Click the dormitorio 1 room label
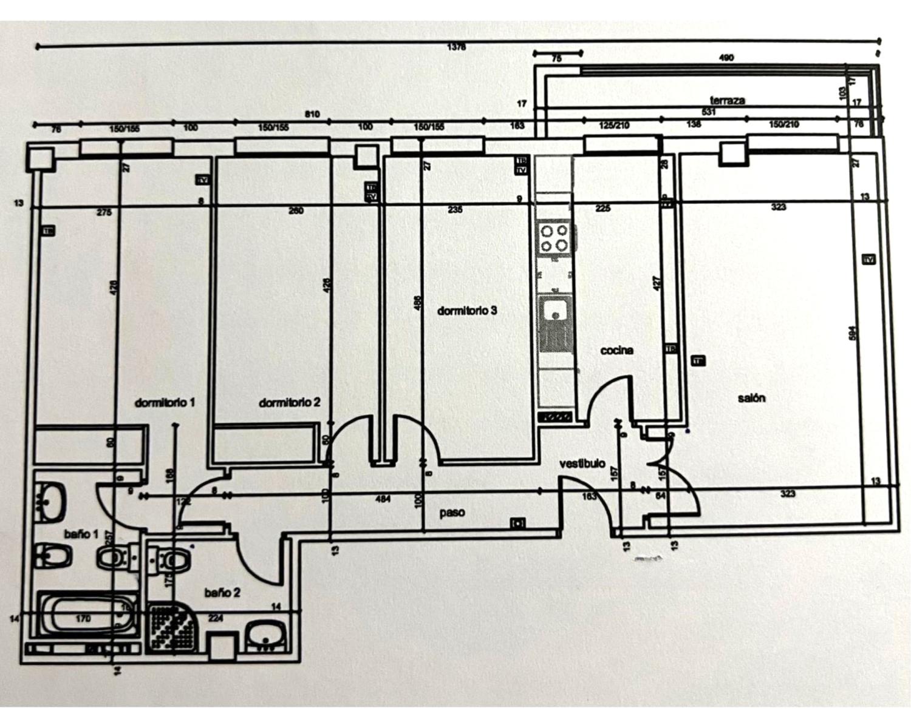click(165, 402)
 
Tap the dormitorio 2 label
click(289, 402)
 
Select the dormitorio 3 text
click(467, 311)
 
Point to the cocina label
click(616, 350)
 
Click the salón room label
click(751, 398)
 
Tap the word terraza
click(727, 100)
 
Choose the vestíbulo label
click(582, 464)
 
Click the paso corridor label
click(452, 513)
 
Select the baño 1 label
click(81, 534)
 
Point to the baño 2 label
click(222, 592)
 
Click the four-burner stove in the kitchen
click(554, 238)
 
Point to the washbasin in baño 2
click(266, 635)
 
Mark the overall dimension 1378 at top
click(456, 47)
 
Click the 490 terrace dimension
click(726, 58)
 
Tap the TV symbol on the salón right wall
click(868, 260)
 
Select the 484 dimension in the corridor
click(383, 499)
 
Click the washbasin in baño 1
click(52, 501)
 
